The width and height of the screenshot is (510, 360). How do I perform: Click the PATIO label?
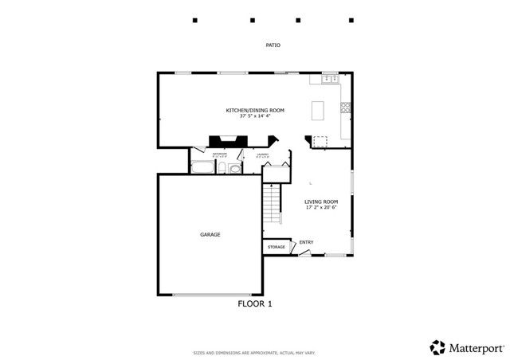(273, 45)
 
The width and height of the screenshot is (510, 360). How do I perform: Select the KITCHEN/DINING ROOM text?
(255, 110)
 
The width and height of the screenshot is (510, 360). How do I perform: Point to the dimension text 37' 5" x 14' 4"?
(255, 116)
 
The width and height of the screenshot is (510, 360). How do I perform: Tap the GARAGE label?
(210, 234)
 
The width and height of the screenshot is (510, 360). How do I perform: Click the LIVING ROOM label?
(321, 202)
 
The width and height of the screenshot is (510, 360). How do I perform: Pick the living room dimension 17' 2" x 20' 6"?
(321, 208)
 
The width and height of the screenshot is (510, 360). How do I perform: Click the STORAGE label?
(276, 248)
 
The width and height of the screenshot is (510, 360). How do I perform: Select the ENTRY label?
(307, 242)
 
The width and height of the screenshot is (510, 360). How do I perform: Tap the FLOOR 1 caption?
(255, 303)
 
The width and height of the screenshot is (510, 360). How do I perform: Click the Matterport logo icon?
(437, 346)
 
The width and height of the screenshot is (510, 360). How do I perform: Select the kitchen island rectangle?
(320, 109)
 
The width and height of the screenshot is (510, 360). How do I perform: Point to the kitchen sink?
(328, 79)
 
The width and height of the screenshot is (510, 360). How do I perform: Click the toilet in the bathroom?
(224, 168)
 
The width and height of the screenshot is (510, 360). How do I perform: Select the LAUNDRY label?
(262, 155)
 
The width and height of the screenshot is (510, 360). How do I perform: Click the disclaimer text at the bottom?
(254, 352)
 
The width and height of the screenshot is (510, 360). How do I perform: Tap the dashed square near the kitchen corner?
(320, 142)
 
